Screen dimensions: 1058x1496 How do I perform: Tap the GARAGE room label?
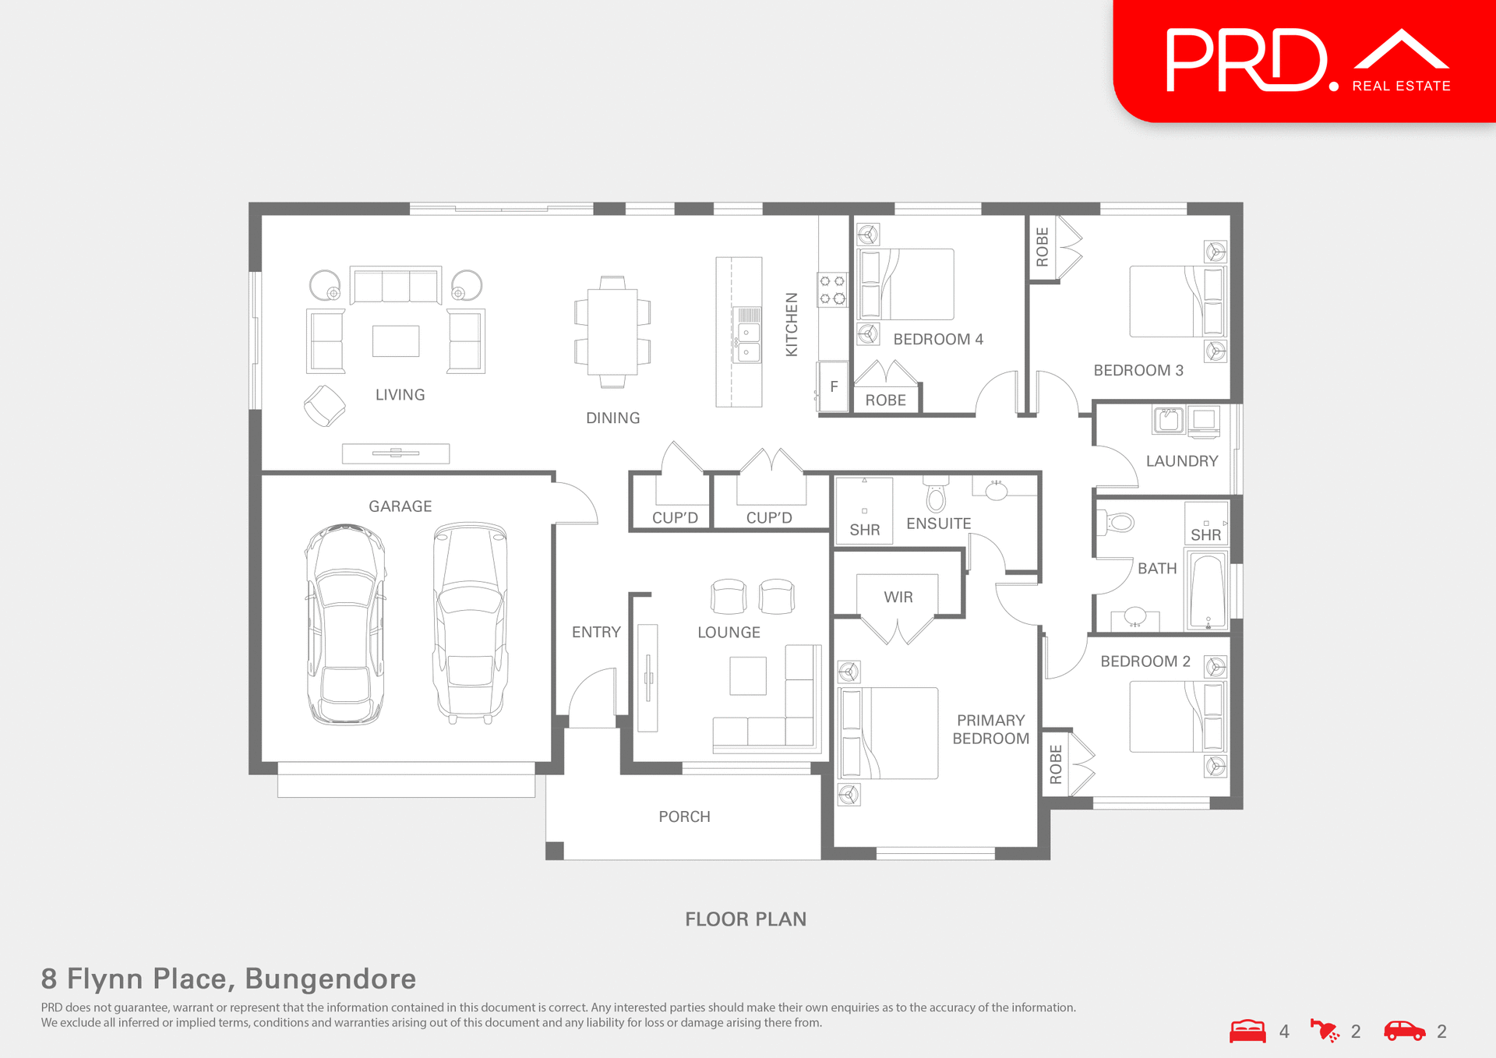click(400, 506)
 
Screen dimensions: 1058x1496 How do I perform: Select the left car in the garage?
click(345, 623)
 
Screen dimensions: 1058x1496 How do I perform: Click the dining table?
click(612, 332)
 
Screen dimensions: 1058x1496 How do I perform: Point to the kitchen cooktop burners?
click(832, 290)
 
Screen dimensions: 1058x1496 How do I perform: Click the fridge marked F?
click(834, 386)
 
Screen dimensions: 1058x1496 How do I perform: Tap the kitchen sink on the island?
click(748, 342)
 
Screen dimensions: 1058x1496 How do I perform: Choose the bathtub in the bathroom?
click(1207, 591)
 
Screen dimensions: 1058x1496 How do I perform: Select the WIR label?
click(898, 597)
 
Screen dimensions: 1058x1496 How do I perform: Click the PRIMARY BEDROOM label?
click(990, 729)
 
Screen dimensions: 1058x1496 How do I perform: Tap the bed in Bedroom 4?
click(907, 284)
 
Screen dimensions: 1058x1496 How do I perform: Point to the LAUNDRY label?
click(1181, 461)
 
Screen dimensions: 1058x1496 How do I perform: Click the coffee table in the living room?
click(396, 340)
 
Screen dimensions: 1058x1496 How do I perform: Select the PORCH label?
click(684, 816)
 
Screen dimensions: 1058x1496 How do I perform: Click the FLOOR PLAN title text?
click(746, 919)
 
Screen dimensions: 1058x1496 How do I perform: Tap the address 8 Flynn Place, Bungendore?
click(228, 979)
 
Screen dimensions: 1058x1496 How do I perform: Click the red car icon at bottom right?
click(1404, 1031)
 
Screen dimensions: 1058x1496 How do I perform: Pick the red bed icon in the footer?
click(1247, 1031)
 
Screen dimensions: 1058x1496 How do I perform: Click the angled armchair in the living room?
click(324, 406)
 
